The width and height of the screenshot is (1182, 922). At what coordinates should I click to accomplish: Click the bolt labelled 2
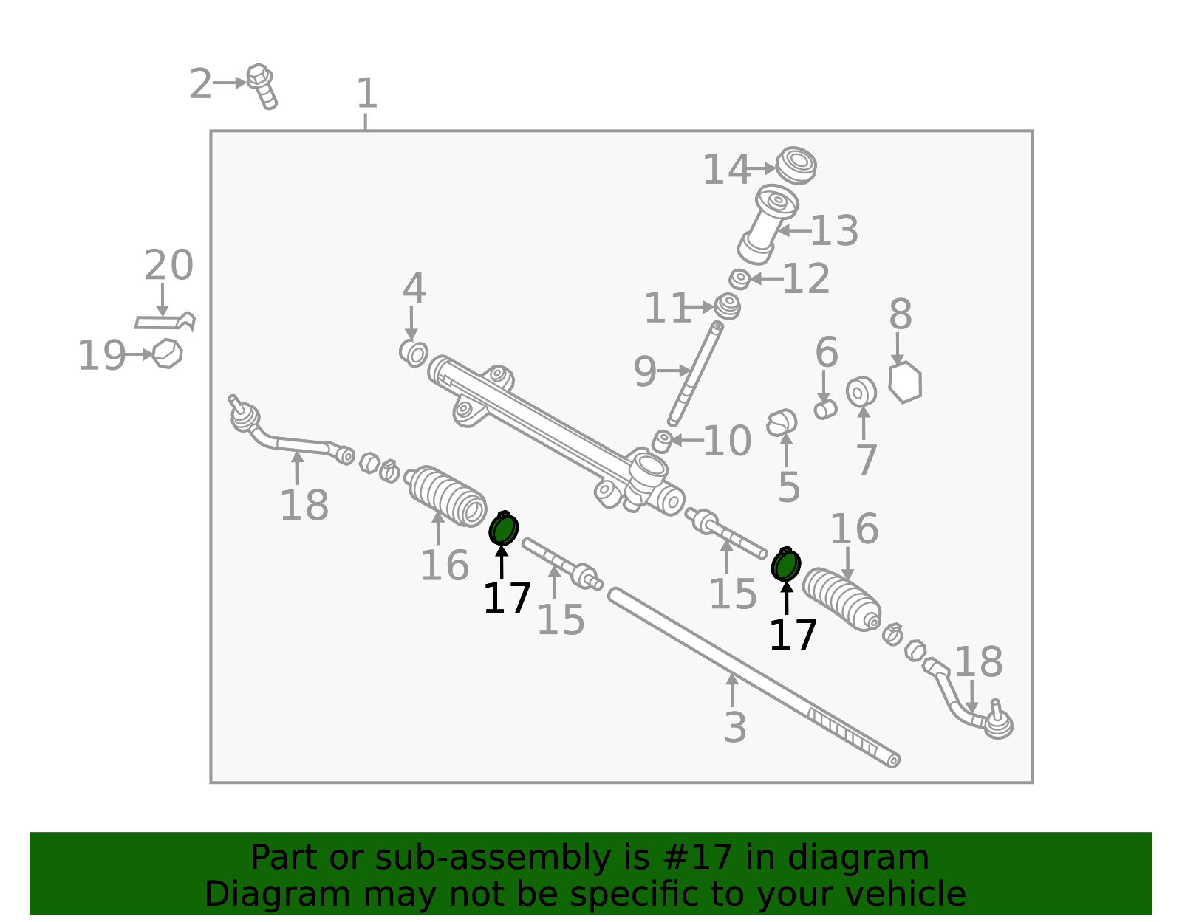click(x=262, y=86)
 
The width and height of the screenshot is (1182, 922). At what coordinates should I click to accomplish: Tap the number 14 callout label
click(x=727, y=170)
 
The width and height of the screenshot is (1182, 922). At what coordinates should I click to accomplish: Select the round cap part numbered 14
click(x=796, y=165)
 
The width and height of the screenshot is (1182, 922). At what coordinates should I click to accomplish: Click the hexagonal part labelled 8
click(x=904, y=382)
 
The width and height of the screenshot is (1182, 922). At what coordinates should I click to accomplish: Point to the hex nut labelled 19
click(x=167, y=354)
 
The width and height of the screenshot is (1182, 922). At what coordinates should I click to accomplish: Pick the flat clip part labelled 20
click(x=165, y=321)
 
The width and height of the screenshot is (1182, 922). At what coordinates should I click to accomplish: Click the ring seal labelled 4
click(x=414, y=353)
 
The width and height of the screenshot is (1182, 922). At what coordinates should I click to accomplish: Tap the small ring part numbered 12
click(x=739, y=279)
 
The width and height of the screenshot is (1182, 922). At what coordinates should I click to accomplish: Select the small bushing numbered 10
click(x=663, y=441)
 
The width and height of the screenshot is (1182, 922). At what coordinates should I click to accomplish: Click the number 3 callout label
click(x=735, y=727)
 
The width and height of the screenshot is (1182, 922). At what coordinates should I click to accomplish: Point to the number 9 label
click(x=645, y=371)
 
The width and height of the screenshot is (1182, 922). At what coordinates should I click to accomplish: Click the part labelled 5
click(x=782, y=423)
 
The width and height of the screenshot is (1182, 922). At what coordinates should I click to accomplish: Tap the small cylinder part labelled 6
click(x=824, y=409)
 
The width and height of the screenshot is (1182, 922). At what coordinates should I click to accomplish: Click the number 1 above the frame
click(x=366, y=93)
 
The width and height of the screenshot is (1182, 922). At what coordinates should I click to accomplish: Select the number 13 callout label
click(x=834, y=230)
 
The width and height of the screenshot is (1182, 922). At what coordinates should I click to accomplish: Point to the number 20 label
click(x=168, y=265)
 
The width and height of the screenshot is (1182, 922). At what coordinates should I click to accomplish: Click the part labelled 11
click(x=727, y=306)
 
